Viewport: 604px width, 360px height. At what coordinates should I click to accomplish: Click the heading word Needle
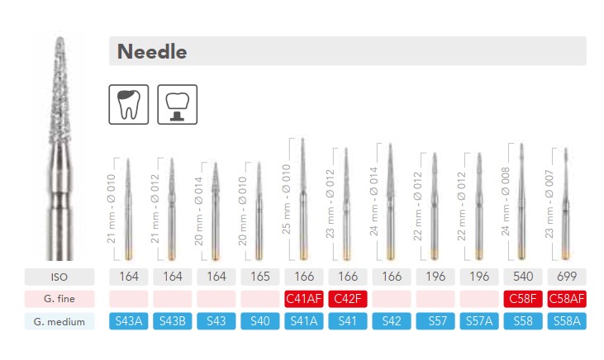pyautogui.click(x=152, y=51)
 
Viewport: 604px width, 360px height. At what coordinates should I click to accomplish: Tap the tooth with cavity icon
pyautogui.click(x=129, y=104)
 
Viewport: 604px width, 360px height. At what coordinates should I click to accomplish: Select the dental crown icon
pyautogui.click(x=177, y=104)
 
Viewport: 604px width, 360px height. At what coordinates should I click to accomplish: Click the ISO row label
pyautogui.click(x=59, y=277)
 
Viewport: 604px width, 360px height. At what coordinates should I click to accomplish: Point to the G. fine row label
pyautogui.click(x=59, y=299)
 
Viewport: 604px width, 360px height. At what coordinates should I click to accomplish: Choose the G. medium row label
pyautogui.click(x=59, y=321)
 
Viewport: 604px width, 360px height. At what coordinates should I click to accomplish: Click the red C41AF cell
pyautogui.click(x=304, y=299)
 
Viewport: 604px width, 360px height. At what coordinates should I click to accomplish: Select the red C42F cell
pyautogui.click(x=348, y=299)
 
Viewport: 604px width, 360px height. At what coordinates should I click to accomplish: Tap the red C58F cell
pyautogui.click(x=523, y=299)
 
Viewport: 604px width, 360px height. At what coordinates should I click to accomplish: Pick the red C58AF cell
pyautogui.click(x=567, y=299)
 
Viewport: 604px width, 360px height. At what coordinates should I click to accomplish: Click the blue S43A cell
pyautogui.click(x=129, y=321)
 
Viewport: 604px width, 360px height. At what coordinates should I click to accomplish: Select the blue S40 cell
pyautogui.click(x=260, y=321)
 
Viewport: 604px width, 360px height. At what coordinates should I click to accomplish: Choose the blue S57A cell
pyautogui.click(x=479, y=321)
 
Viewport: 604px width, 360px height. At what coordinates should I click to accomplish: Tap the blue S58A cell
pyautogui.click(x=567, y=321)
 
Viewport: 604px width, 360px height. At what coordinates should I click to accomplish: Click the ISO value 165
pyautogui.click(x=260, y=277)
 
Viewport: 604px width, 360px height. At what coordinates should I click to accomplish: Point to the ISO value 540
pyautogui.click(x=523, y=277)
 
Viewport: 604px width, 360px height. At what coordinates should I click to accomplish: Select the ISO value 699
pyautogui.click(x=567, y=277)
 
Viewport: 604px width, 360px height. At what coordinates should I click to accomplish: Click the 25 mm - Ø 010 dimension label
pyautogui.click(x=286, y=199)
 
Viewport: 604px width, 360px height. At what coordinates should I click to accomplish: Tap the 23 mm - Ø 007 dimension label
pyautogui.click(x=549, y=204)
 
